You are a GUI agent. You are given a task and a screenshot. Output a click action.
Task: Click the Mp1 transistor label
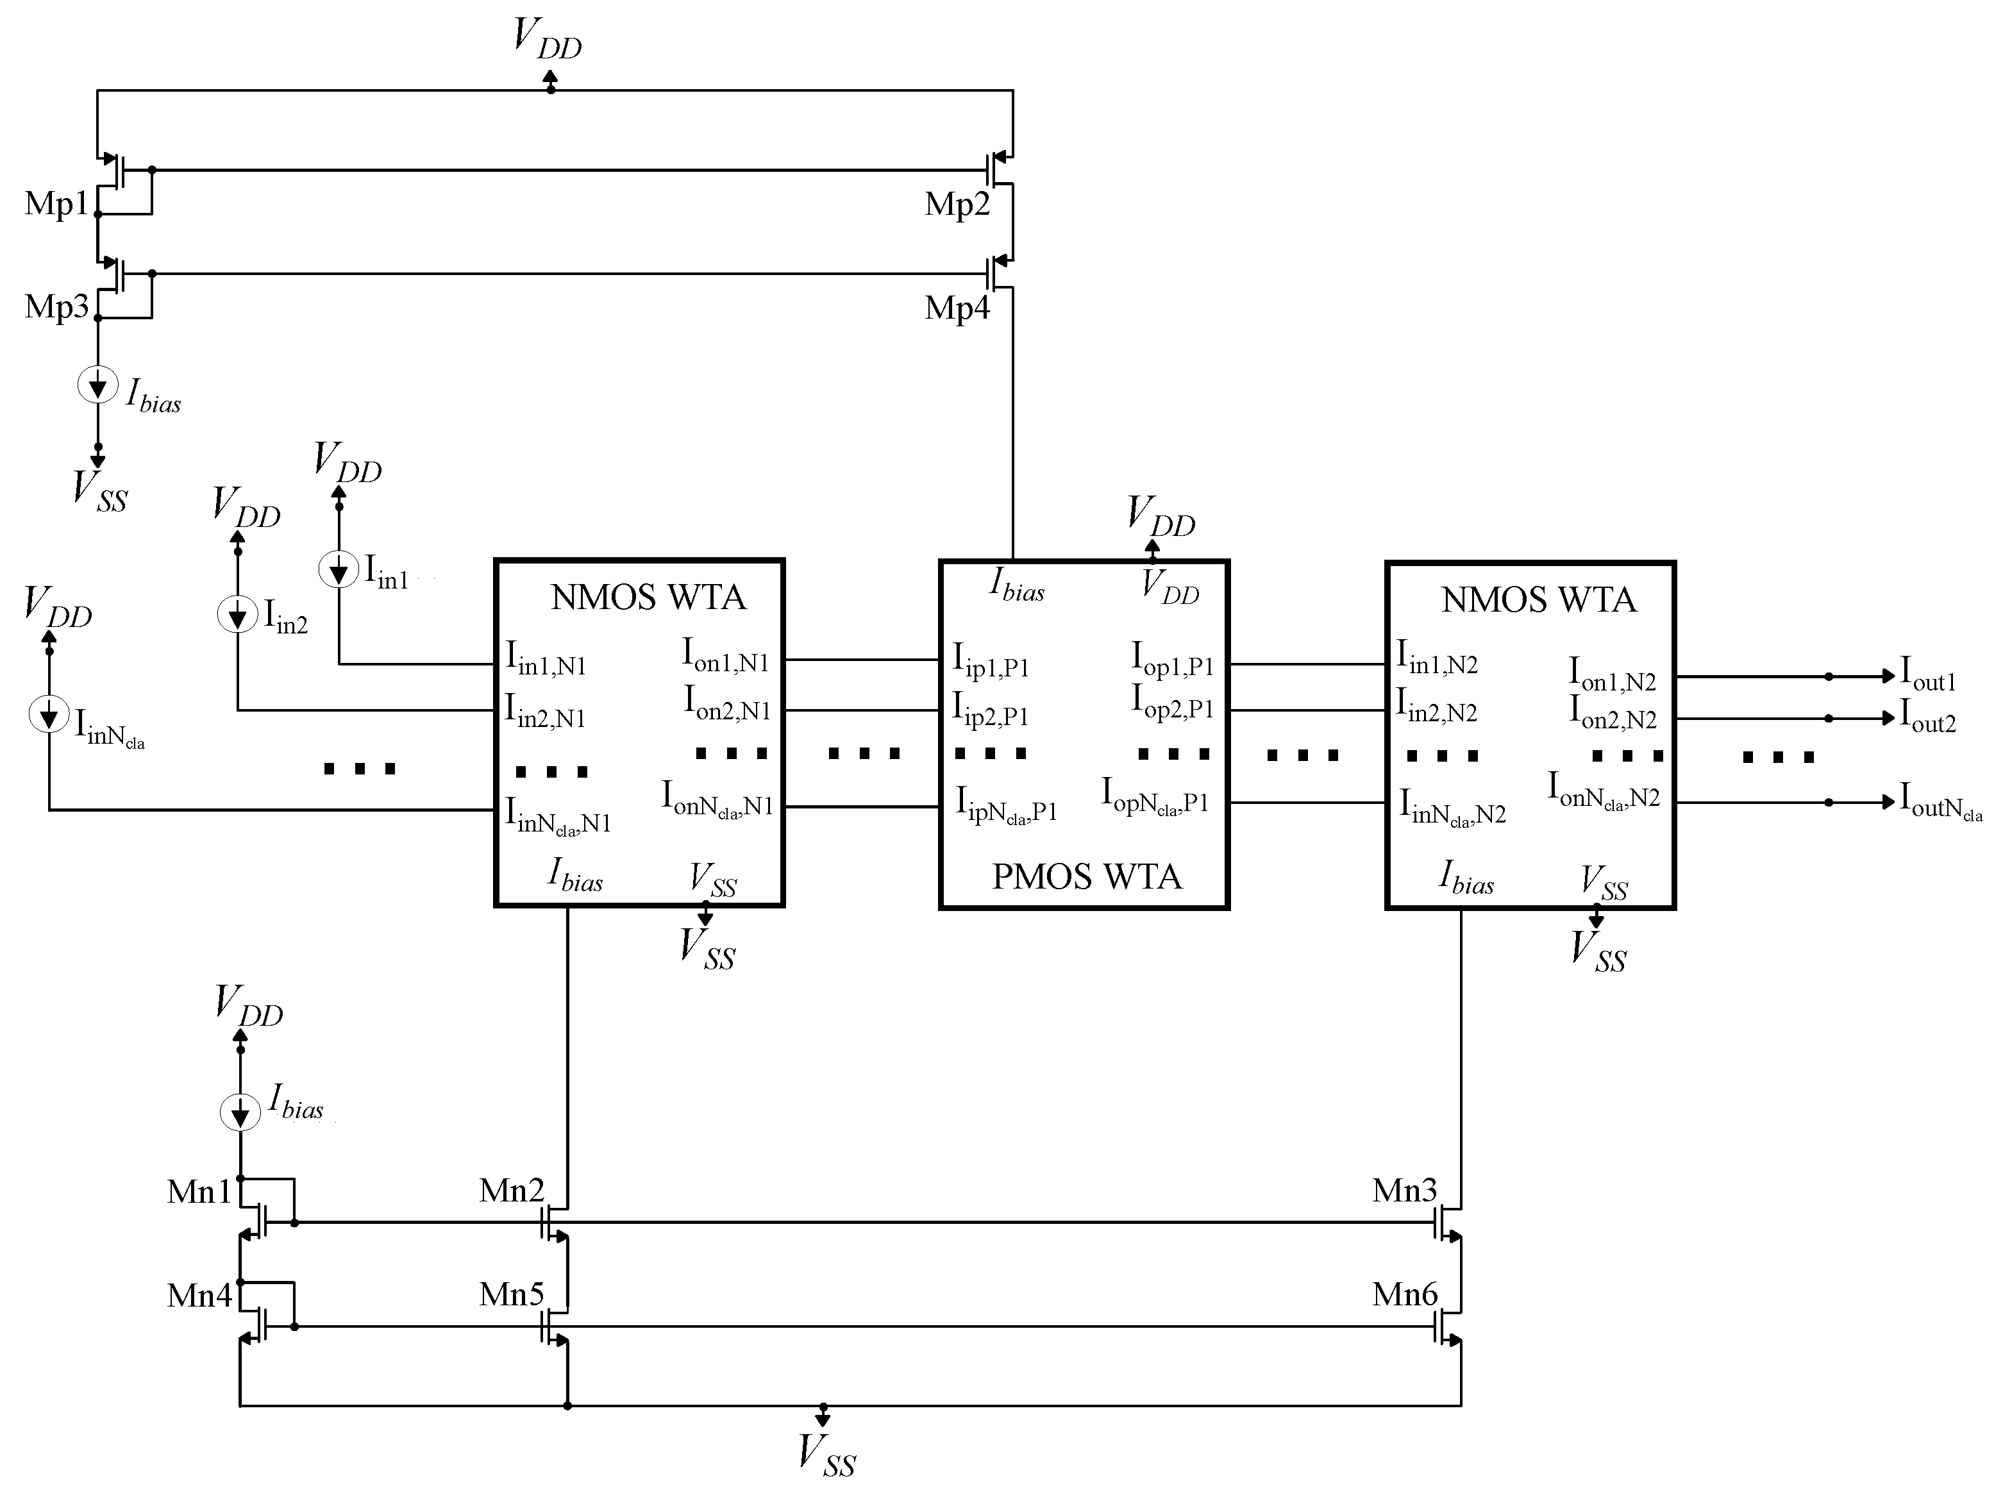56,204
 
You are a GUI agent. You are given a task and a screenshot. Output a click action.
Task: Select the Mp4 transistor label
956,308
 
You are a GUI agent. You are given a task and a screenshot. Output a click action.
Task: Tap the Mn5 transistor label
512,1294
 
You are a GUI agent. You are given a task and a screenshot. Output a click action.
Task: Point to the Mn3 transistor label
1404,1190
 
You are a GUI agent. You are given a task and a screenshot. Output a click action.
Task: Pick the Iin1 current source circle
339,571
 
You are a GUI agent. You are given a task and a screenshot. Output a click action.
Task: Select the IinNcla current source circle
49,715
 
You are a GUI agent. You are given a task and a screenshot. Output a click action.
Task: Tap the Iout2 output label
1927,718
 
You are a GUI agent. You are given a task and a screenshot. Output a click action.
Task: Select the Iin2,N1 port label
545,711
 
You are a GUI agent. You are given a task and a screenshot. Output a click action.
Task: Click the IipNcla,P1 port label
1006,805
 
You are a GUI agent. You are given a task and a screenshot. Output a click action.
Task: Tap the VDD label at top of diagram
547,38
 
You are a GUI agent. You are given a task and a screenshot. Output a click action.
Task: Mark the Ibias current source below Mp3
98,385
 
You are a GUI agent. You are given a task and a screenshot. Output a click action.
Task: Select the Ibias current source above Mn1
240,1111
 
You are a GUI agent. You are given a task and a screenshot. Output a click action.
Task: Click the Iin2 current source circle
237,616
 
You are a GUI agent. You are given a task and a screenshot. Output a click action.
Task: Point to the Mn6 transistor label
1404,1294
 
